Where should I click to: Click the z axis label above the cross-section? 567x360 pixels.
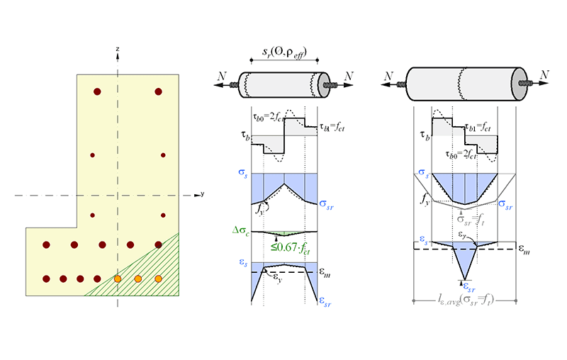(x=118, y=49)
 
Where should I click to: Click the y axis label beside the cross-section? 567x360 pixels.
(x=203, y=194)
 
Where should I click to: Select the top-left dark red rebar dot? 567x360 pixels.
(x=97, y=91)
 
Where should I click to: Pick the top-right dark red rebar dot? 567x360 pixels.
(x=158, y=91)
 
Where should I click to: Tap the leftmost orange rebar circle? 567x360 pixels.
(x=118, y=279)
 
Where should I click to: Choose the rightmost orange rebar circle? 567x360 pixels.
(x=158, y=279)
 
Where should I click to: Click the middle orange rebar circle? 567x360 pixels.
(x=137, y=279)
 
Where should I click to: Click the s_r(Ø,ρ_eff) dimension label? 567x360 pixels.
(x=284, y=52)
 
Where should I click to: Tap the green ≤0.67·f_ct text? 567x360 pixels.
(x=291, y=248)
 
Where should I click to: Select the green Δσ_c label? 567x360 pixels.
(x=241, y=230)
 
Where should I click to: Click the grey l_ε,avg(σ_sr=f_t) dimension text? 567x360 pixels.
(x=465, y=300)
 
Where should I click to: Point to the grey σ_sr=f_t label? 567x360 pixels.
(x=471, y=220)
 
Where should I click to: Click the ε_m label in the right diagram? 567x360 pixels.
(x=524, y=249)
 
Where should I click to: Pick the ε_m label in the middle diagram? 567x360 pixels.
(x=325, y=274)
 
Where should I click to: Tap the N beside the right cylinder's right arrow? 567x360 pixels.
(x=544, y=75)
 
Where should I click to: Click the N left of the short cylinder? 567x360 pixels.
(x=222, y=76)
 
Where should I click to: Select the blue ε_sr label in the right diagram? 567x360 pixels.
(x=469, y=288)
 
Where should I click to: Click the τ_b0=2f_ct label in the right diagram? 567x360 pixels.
(x=461, y=154)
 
